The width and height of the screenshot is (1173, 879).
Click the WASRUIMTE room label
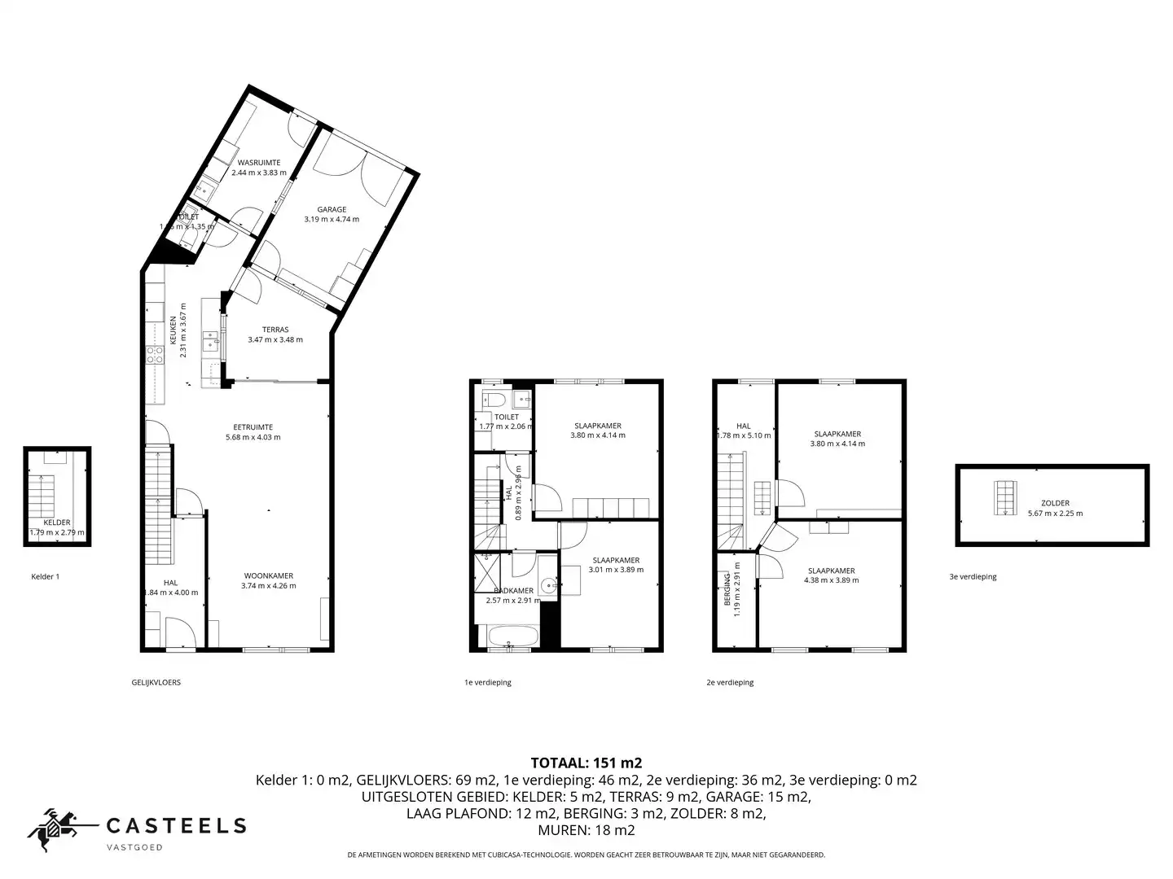tap(259, 163)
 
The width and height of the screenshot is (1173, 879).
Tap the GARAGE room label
tap(332, 209)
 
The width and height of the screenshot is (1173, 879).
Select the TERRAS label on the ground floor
tap(275, 330)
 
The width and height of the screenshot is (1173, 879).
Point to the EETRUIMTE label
tap(253, 426)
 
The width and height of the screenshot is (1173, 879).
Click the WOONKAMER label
tap(269, 575)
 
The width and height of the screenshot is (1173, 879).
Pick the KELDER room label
tap(57, 523)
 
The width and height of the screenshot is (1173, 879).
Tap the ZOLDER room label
tap(1055, 503)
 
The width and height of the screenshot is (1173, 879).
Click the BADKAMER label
tap(513, 590)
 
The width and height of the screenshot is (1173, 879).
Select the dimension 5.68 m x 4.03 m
tap(253, 437)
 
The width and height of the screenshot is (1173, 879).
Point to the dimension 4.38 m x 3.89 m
tap(831, 580)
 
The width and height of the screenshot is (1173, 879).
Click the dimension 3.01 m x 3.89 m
tap(616, 570)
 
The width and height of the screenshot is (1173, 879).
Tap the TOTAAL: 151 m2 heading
tap(586, 763)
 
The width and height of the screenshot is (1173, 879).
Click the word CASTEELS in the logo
tap(177, 826)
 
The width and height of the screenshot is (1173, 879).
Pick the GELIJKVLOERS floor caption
tap(156, 682)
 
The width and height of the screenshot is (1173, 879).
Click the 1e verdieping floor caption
tap(487, 682)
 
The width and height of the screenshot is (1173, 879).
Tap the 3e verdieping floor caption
tap(973, 576)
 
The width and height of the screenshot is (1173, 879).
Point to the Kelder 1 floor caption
tap(45, 576)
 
